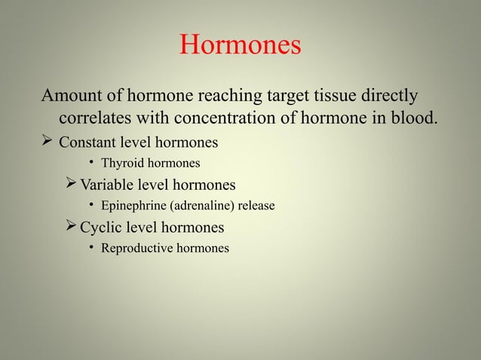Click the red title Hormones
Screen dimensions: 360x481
click(x=240, y=46)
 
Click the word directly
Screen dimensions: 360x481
click(x=394, y=98)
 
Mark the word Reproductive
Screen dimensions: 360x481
click(x=139, y=248)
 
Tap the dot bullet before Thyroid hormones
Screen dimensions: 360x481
click(x=90, y=162)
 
